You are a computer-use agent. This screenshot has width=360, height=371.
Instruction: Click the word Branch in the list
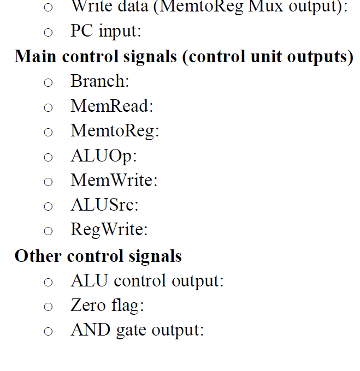click(98, 81)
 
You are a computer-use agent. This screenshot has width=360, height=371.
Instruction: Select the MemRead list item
click(111, 106)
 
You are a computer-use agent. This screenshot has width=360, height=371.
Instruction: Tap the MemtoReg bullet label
click(114, 131)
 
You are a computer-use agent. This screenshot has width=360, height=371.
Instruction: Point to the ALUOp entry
click(103, 155)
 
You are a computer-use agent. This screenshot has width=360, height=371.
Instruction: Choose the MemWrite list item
click(113, 180)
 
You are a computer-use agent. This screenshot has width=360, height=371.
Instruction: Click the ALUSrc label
click(104, 205)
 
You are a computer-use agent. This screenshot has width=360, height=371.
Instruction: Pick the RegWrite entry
click(108, 230)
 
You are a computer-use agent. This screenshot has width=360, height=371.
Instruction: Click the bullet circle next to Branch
click(48, 82)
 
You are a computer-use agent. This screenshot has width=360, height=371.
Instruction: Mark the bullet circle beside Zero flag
click(48, 306)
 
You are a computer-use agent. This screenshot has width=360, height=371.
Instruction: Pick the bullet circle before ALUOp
click(48, 157)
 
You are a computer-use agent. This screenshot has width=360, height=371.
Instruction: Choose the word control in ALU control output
click(141, 280)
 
